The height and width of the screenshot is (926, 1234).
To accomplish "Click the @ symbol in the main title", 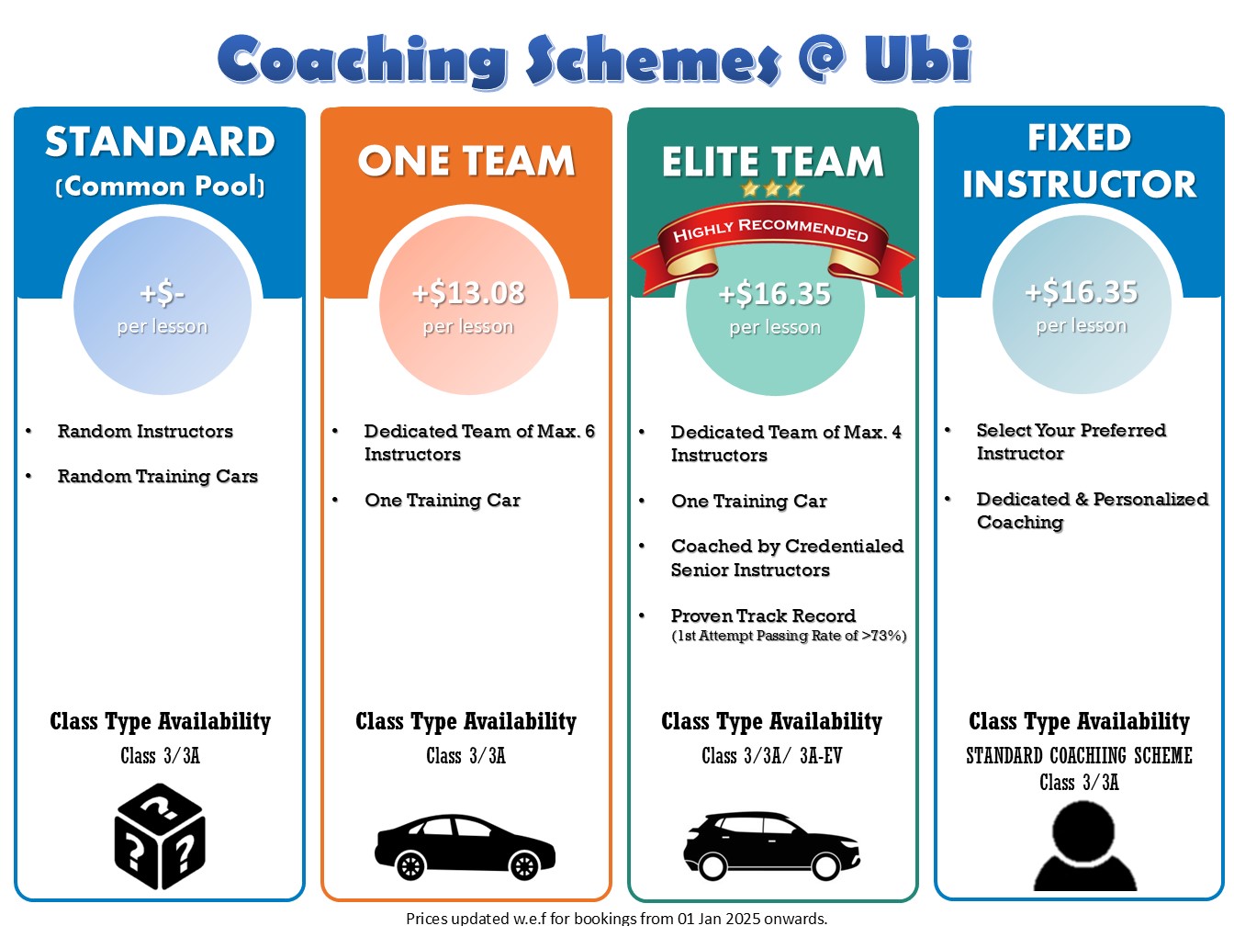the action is click(821, 57).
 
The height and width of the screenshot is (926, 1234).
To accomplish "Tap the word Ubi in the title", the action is click(918, 58).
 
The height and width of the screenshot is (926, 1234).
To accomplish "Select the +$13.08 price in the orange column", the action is click(468, 293).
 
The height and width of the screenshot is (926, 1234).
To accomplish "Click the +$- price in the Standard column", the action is click(162, 293).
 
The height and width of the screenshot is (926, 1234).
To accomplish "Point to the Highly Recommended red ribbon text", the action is click(770, 230).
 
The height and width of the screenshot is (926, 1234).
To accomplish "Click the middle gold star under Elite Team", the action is click(772, 189).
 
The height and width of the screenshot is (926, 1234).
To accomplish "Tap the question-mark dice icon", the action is click(160, 836).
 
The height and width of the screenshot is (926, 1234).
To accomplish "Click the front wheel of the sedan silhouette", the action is click(524, 866).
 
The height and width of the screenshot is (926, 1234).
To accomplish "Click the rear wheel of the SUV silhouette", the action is click(712, 866).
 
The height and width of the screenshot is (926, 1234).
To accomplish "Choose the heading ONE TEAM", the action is click(466, 162).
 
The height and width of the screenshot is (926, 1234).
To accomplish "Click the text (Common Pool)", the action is click(161, 186).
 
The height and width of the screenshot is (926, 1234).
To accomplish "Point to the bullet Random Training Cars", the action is click(157, 476).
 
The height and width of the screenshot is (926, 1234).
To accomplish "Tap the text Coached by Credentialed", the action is click(787, 546).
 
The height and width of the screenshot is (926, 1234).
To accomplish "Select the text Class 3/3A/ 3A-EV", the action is click(772, 756).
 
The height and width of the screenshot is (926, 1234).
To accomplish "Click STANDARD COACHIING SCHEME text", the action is click(1079, 756).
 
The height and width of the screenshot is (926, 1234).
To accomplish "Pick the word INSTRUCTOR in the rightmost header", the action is click(1080, 184).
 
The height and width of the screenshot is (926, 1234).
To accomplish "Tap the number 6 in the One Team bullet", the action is click(589, 431).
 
